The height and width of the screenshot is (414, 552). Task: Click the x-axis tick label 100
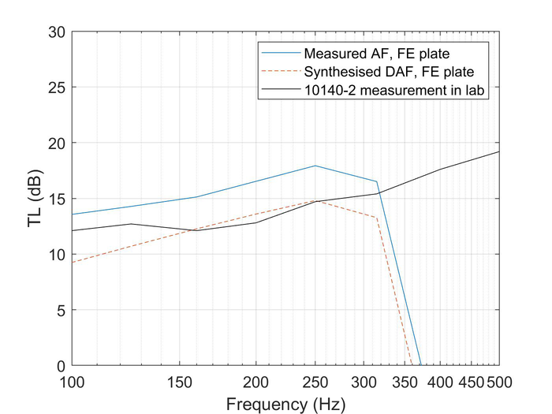pyautogui.click(x=72, y=382)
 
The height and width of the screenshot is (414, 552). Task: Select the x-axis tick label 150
pyautogui.click(x=181, y=382)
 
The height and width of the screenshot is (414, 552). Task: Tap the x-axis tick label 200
pyautogui.click(x=256, y=382)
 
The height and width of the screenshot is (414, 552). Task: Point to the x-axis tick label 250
pyautogui.click(x=315, y=382)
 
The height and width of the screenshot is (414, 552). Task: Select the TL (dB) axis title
pyautogui.click(x=34, y=199)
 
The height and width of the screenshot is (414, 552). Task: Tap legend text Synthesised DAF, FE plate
pyautogui.click(x=371, y=72)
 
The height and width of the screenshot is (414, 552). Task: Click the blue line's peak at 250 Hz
pyautogui.click(x=315, y=166)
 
